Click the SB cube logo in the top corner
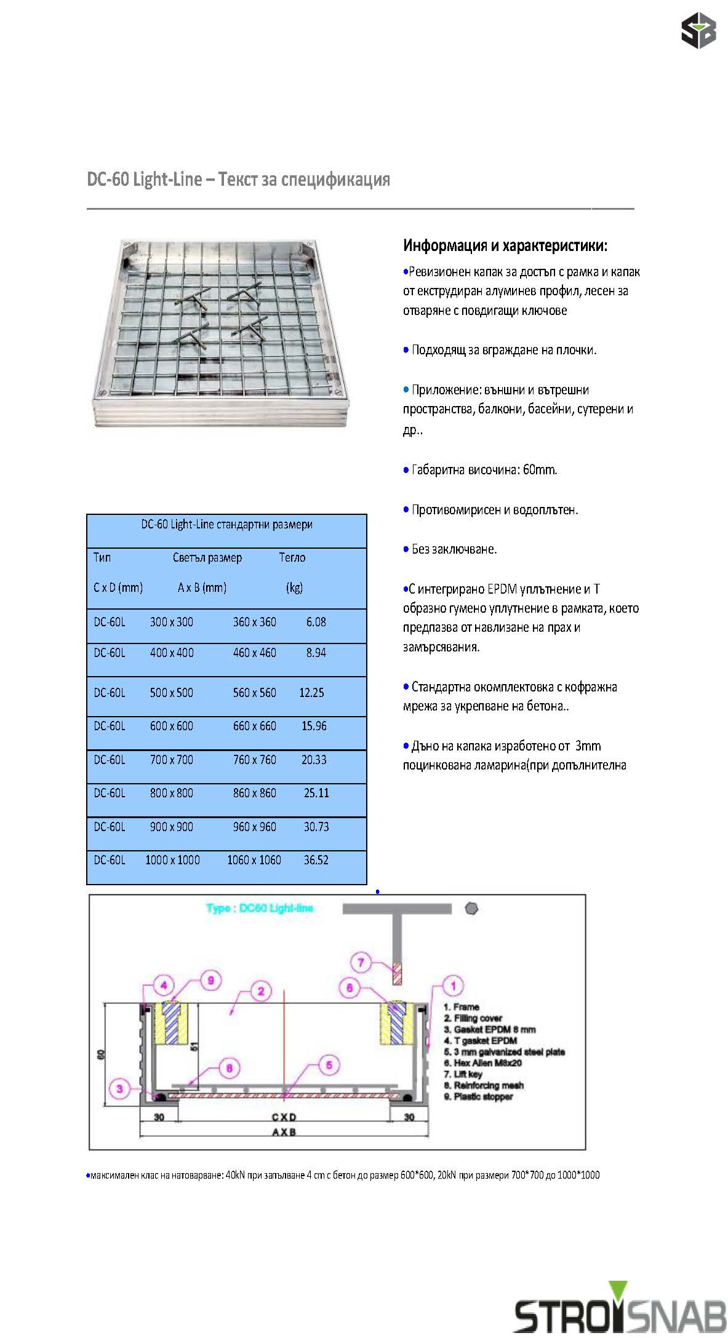(698, 30)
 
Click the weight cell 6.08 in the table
(316, 622)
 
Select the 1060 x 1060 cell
(254, 860)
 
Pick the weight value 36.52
(316, 860)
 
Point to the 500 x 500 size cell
(171, 693)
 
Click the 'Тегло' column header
(292, 557)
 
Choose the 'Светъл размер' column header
(207, 557)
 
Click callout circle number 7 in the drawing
(361, 962)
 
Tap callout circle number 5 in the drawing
(329, 1065)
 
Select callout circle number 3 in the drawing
(119, 1088)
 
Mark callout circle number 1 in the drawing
(454, 986)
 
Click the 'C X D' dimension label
(284, 1117)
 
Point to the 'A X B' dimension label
(284, 1132)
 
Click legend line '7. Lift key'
(463, 1074)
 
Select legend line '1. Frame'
(462, 1007)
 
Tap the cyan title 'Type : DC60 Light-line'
(259, 908)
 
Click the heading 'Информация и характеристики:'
(505, 245)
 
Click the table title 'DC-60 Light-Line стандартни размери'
(226, 525)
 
